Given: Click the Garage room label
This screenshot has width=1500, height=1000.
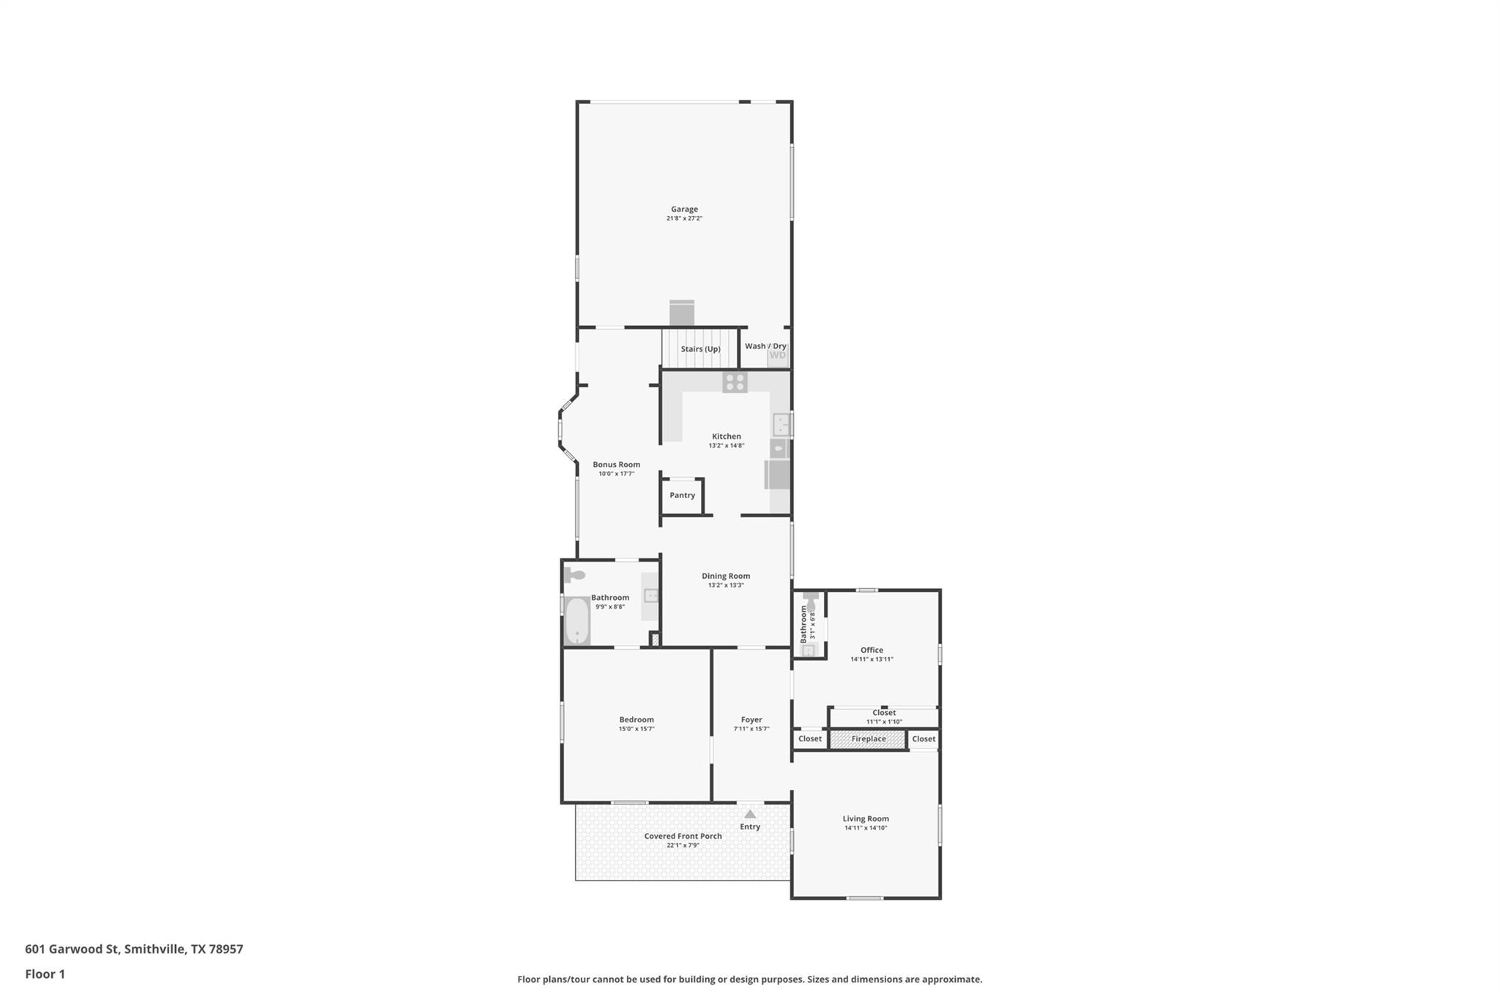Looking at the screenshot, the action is coord(684,210).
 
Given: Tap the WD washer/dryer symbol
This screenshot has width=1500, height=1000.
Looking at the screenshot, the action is coord(777,356).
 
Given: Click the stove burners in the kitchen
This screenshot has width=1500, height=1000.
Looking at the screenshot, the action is coord(735,382).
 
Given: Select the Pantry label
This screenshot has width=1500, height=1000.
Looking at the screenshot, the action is coord(682,495).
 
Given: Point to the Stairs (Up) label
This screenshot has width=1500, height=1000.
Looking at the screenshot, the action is coord(700,349).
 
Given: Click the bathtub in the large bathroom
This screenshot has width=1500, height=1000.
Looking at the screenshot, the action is coord(578,621).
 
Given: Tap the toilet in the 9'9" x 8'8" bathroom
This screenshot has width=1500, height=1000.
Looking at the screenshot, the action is coord(574,575).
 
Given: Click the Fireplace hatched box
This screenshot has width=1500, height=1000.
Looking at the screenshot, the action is coord(868,739).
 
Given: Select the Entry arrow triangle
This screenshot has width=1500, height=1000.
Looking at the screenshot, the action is coord(750,814).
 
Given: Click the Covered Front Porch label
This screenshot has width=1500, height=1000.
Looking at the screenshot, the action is coord(683,836).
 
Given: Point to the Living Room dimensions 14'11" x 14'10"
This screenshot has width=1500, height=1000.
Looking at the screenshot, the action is coord(866,828).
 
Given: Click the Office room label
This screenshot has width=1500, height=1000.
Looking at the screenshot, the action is coord(872,650).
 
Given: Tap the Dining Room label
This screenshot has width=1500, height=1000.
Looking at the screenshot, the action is coord(726,576).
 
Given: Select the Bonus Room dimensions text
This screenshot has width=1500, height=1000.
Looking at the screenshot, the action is coord(616,474).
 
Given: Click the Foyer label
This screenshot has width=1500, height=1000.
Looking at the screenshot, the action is coord(751,720).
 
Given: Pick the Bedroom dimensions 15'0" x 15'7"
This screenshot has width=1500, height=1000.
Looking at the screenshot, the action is coord(636,729).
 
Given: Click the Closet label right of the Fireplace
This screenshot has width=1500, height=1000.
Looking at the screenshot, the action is coord(924,739).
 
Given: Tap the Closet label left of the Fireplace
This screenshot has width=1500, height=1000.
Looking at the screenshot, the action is coord(810,739).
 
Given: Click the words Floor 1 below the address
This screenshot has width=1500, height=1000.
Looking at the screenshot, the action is coord(45,974).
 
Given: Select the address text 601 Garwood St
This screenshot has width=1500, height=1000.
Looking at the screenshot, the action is coord(72,949).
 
